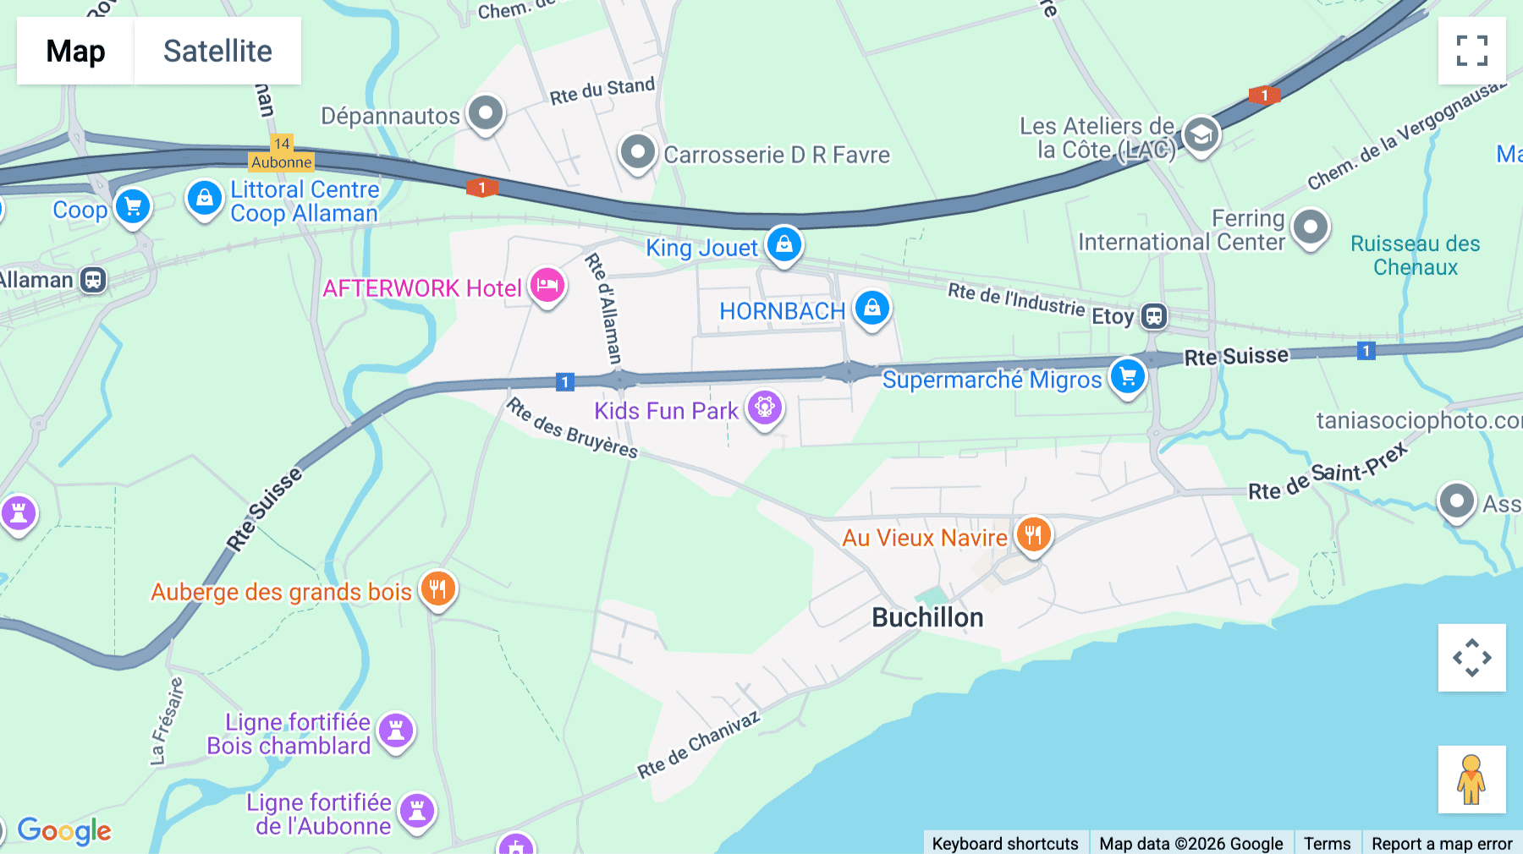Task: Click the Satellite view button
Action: point(217,51)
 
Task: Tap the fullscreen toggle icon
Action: point(1471,51)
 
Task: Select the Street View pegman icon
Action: point(1471,779)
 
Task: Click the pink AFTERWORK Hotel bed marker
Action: point(547,285)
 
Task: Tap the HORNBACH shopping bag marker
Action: point(871,308)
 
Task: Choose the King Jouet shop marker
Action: point(784,244)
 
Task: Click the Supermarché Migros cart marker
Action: point(1128,376)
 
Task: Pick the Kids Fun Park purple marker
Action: point(764,408)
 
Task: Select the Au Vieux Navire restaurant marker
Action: point(1033,534)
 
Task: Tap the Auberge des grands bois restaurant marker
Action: point(437,588)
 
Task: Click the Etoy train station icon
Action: point(1154,316)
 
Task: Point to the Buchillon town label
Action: point(927,617)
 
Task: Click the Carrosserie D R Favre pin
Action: point(637,153)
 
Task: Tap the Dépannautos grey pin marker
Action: point(486,112)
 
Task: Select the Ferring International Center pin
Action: point(1311,227)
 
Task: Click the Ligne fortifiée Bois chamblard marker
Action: point(396,730)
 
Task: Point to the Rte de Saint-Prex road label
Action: point(1328,473)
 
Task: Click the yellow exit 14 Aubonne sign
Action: point(282,153)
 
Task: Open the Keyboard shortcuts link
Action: point(1004,843)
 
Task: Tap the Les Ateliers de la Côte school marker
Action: point(1201,134)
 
